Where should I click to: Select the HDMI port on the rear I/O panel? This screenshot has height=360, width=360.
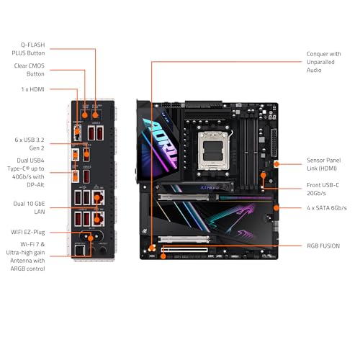[x=84, y=114]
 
